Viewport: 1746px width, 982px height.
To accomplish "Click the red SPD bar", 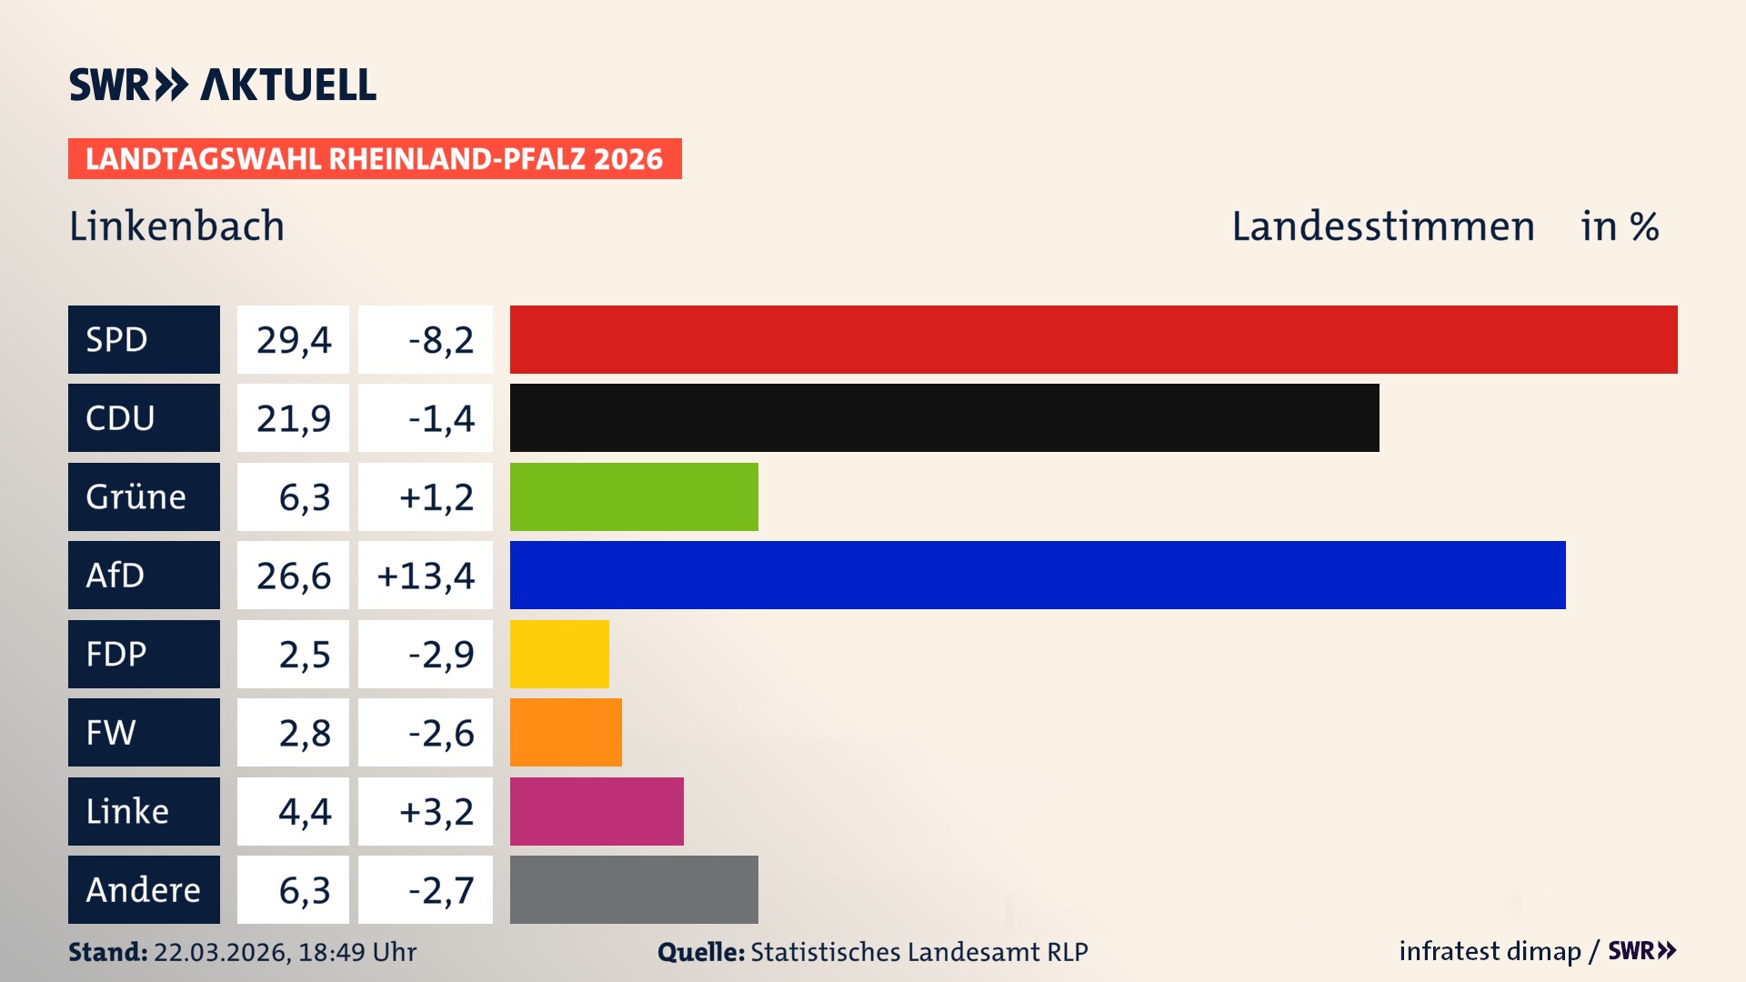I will pos(1093,339).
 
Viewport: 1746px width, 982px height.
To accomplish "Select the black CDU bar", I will pos(944,417).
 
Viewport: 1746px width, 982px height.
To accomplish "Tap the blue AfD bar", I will pos(1037,575).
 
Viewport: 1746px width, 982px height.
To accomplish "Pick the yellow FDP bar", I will pos(559,654).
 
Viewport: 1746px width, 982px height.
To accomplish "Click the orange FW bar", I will pos(566,732).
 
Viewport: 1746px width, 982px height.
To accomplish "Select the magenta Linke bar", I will pos(597,811).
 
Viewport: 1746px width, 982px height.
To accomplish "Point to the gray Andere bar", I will pos(634,889).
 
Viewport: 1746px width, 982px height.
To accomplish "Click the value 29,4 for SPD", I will pos(293,339).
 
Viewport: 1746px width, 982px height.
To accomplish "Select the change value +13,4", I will pos(426,575).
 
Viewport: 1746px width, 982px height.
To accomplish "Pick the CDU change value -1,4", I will pos(440,417).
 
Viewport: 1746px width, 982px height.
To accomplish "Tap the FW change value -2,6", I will pos(440,732).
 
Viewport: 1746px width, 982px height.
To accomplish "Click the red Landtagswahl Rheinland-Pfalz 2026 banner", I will pos(375,158).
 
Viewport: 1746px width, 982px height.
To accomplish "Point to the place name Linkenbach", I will pos(176,225).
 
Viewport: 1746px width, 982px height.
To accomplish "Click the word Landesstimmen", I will pos(1382,225).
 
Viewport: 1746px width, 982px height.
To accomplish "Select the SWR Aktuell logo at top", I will pos(222,85).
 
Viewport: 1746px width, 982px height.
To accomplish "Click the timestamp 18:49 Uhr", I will pos(356,952).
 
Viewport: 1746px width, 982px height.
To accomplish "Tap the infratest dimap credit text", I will pos(1490,951).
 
